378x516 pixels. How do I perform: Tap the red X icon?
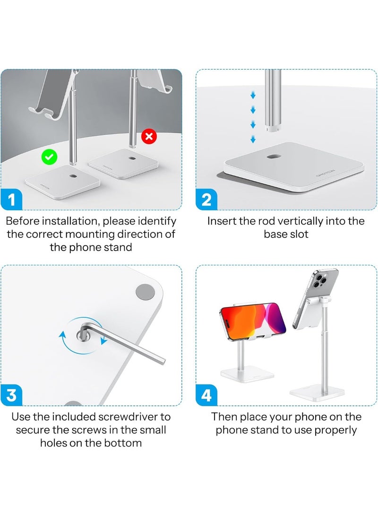click(149, 137)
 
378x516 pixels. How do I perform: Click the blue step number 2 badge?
click(206, 200)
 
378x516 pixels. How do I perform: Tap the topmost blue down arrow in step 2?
click(253, 96)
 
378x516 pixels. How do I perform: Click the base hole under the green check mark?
click(71, 175)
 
